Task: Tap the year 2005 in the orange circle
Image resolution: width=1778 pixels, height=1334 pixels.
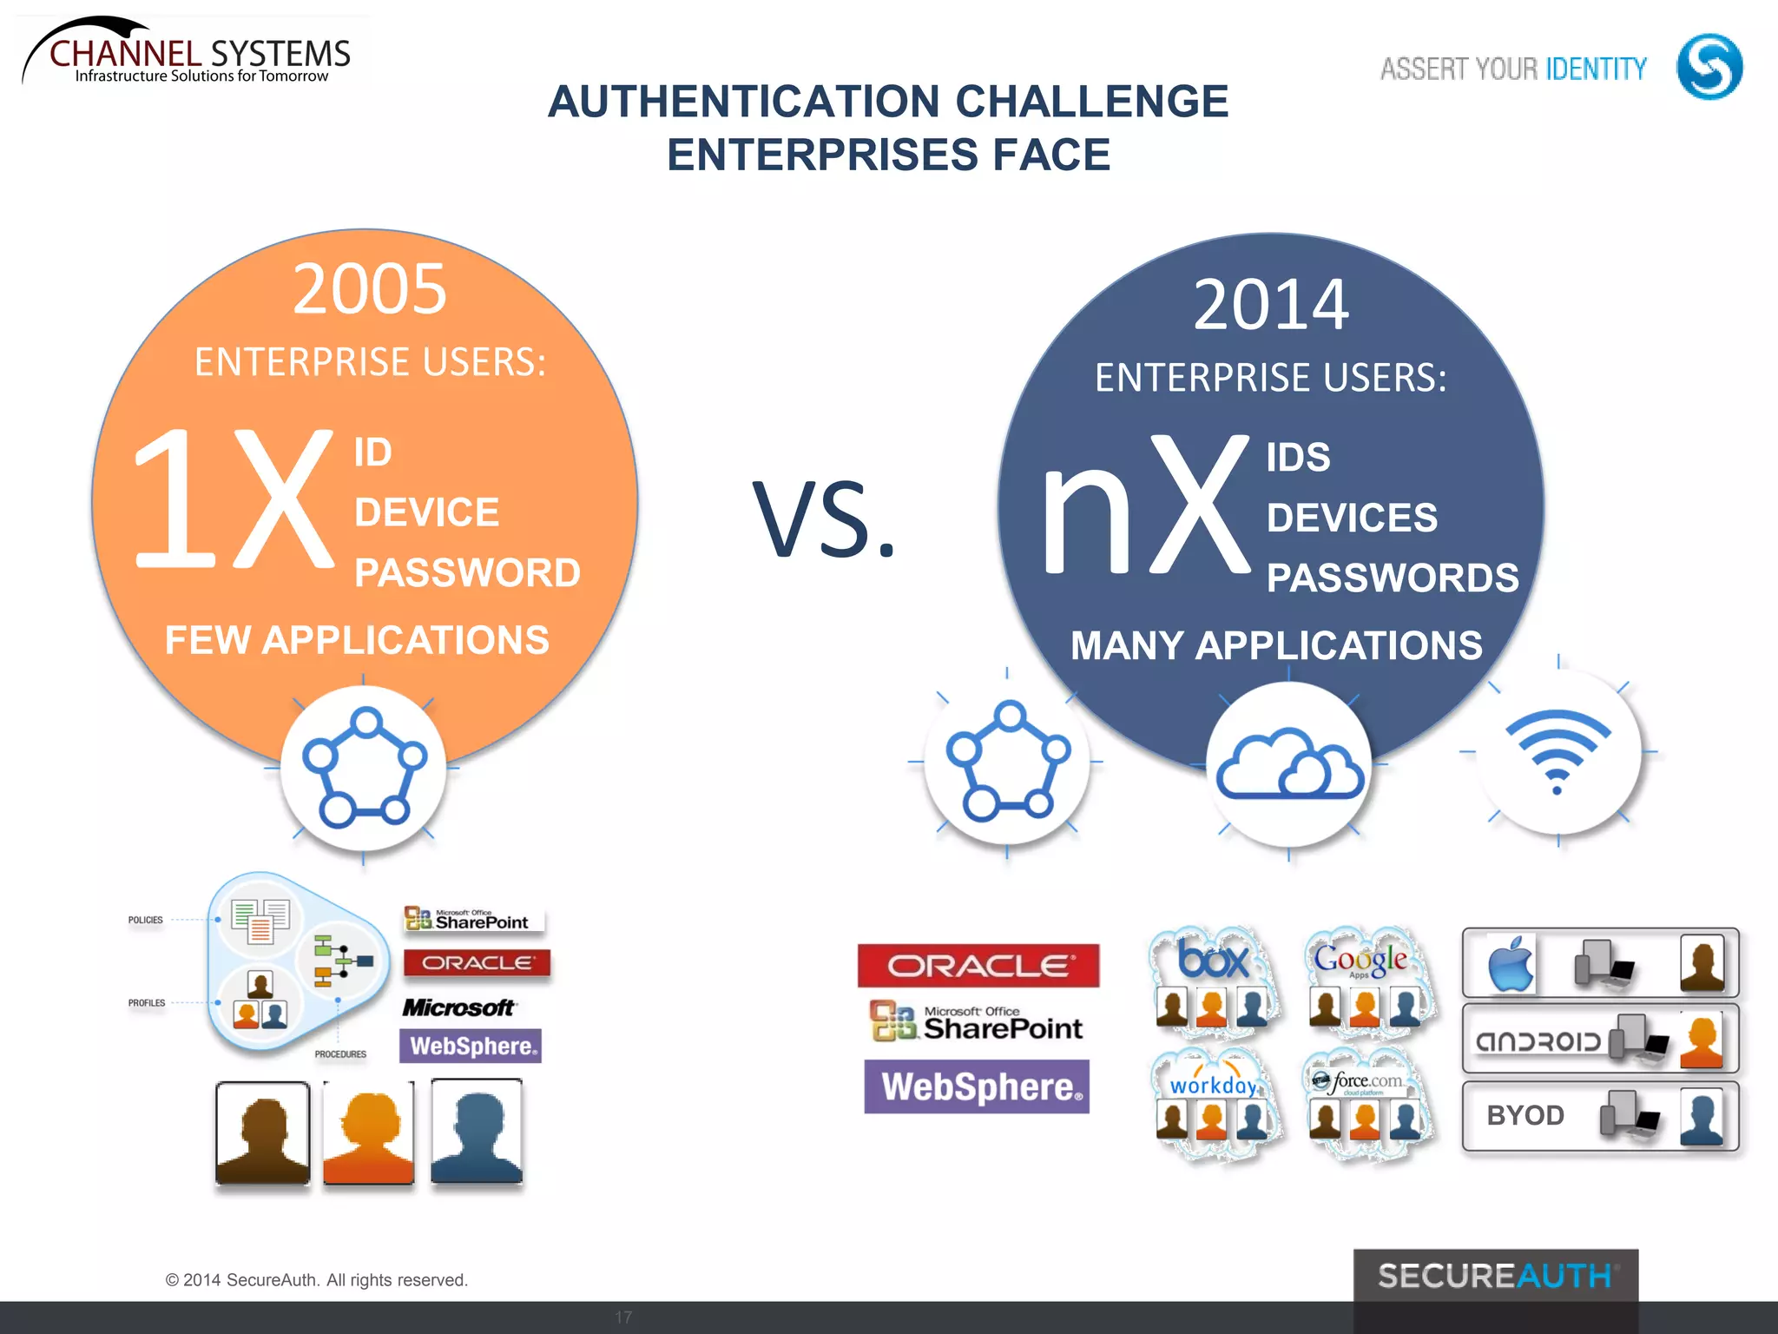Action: click(370, 289)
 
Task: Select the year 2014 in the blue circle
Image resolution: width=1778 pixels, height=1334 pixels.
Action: click(1271, 305)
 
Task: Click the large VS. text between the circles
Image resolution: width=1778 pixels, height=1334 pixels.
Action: click(823, 518)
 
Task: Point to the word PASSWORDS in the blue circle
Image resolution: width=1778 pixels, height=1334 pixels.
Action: click(1393, 578)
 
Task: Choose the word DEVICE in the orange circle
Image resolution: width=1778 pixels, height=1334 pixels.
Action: click(426, 512)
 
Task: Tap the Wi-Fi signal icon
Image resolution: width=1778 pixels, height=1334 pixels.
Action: click(1557, 750)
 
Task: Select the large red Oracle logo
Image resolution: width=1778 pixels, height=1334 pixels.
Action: click(978, 966)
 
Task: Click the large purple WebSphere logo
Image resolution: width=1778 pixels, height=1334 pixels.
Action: click(978, 1086)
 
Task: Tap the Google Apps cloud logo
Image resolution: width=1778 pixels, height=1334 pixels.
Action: click(1360, 959)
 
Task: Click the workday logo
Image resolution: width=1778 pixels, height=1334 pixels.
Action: click(1213, 1085)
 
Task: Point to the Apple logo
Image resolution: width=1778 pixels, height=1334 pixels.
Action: click(1511, 964)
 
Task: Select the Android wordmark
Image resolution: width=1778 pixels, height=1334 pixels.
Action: click(1538, 1040)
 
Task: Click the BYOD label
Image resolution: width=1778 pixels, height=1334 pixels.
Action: click(1525, 1115)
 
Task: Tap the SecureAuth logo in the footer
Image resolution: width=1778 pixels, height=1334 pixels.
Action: click(1495, 1276)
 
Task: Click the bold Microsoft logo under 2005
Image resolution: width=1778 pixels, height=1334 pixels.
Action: click(458, 1007)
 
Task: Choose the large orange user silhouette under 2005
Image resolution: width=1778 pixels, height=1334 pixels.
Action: click(369, 1133)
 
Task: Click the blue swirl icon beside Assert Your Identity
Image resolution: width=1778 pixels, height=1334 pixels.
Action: click(1709, 67)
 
